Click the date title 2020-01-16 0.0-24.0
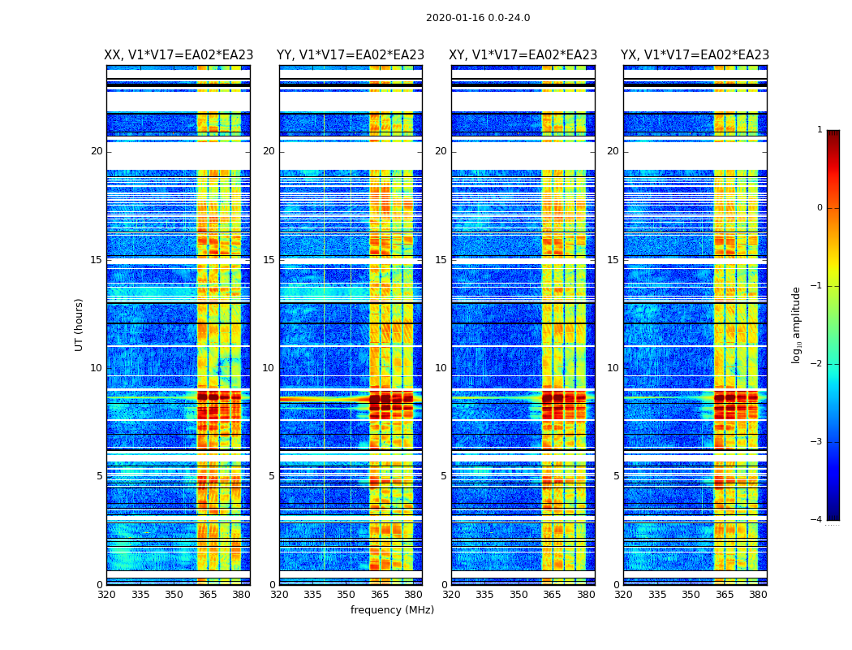point(478,18)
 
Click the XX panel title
point(179,55)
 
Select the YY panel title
point(351,55)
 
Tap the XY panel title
point(523,55)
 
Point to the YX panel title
point(695,55)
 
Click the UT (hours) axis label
point(80,324)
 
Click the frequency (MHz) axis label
point(392,610)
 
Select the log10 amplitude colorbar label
point(797,324)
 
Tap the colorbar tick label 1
point(820,130)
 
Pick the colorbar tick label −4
point(817,520)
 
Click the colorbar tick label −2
point(817,364)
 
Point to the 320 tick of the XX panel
point(106,595)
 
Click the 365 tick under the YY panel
point(380,595)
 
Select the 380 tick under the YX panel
point(758,595)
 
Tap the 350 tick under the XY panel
point(519,595)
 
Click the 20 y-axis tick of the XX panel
point(97,151)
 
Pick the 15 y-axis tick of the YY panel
point(269,260)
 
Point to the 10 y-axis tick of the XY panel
point(441,368)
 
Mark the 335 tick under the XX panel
point(140,595)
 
